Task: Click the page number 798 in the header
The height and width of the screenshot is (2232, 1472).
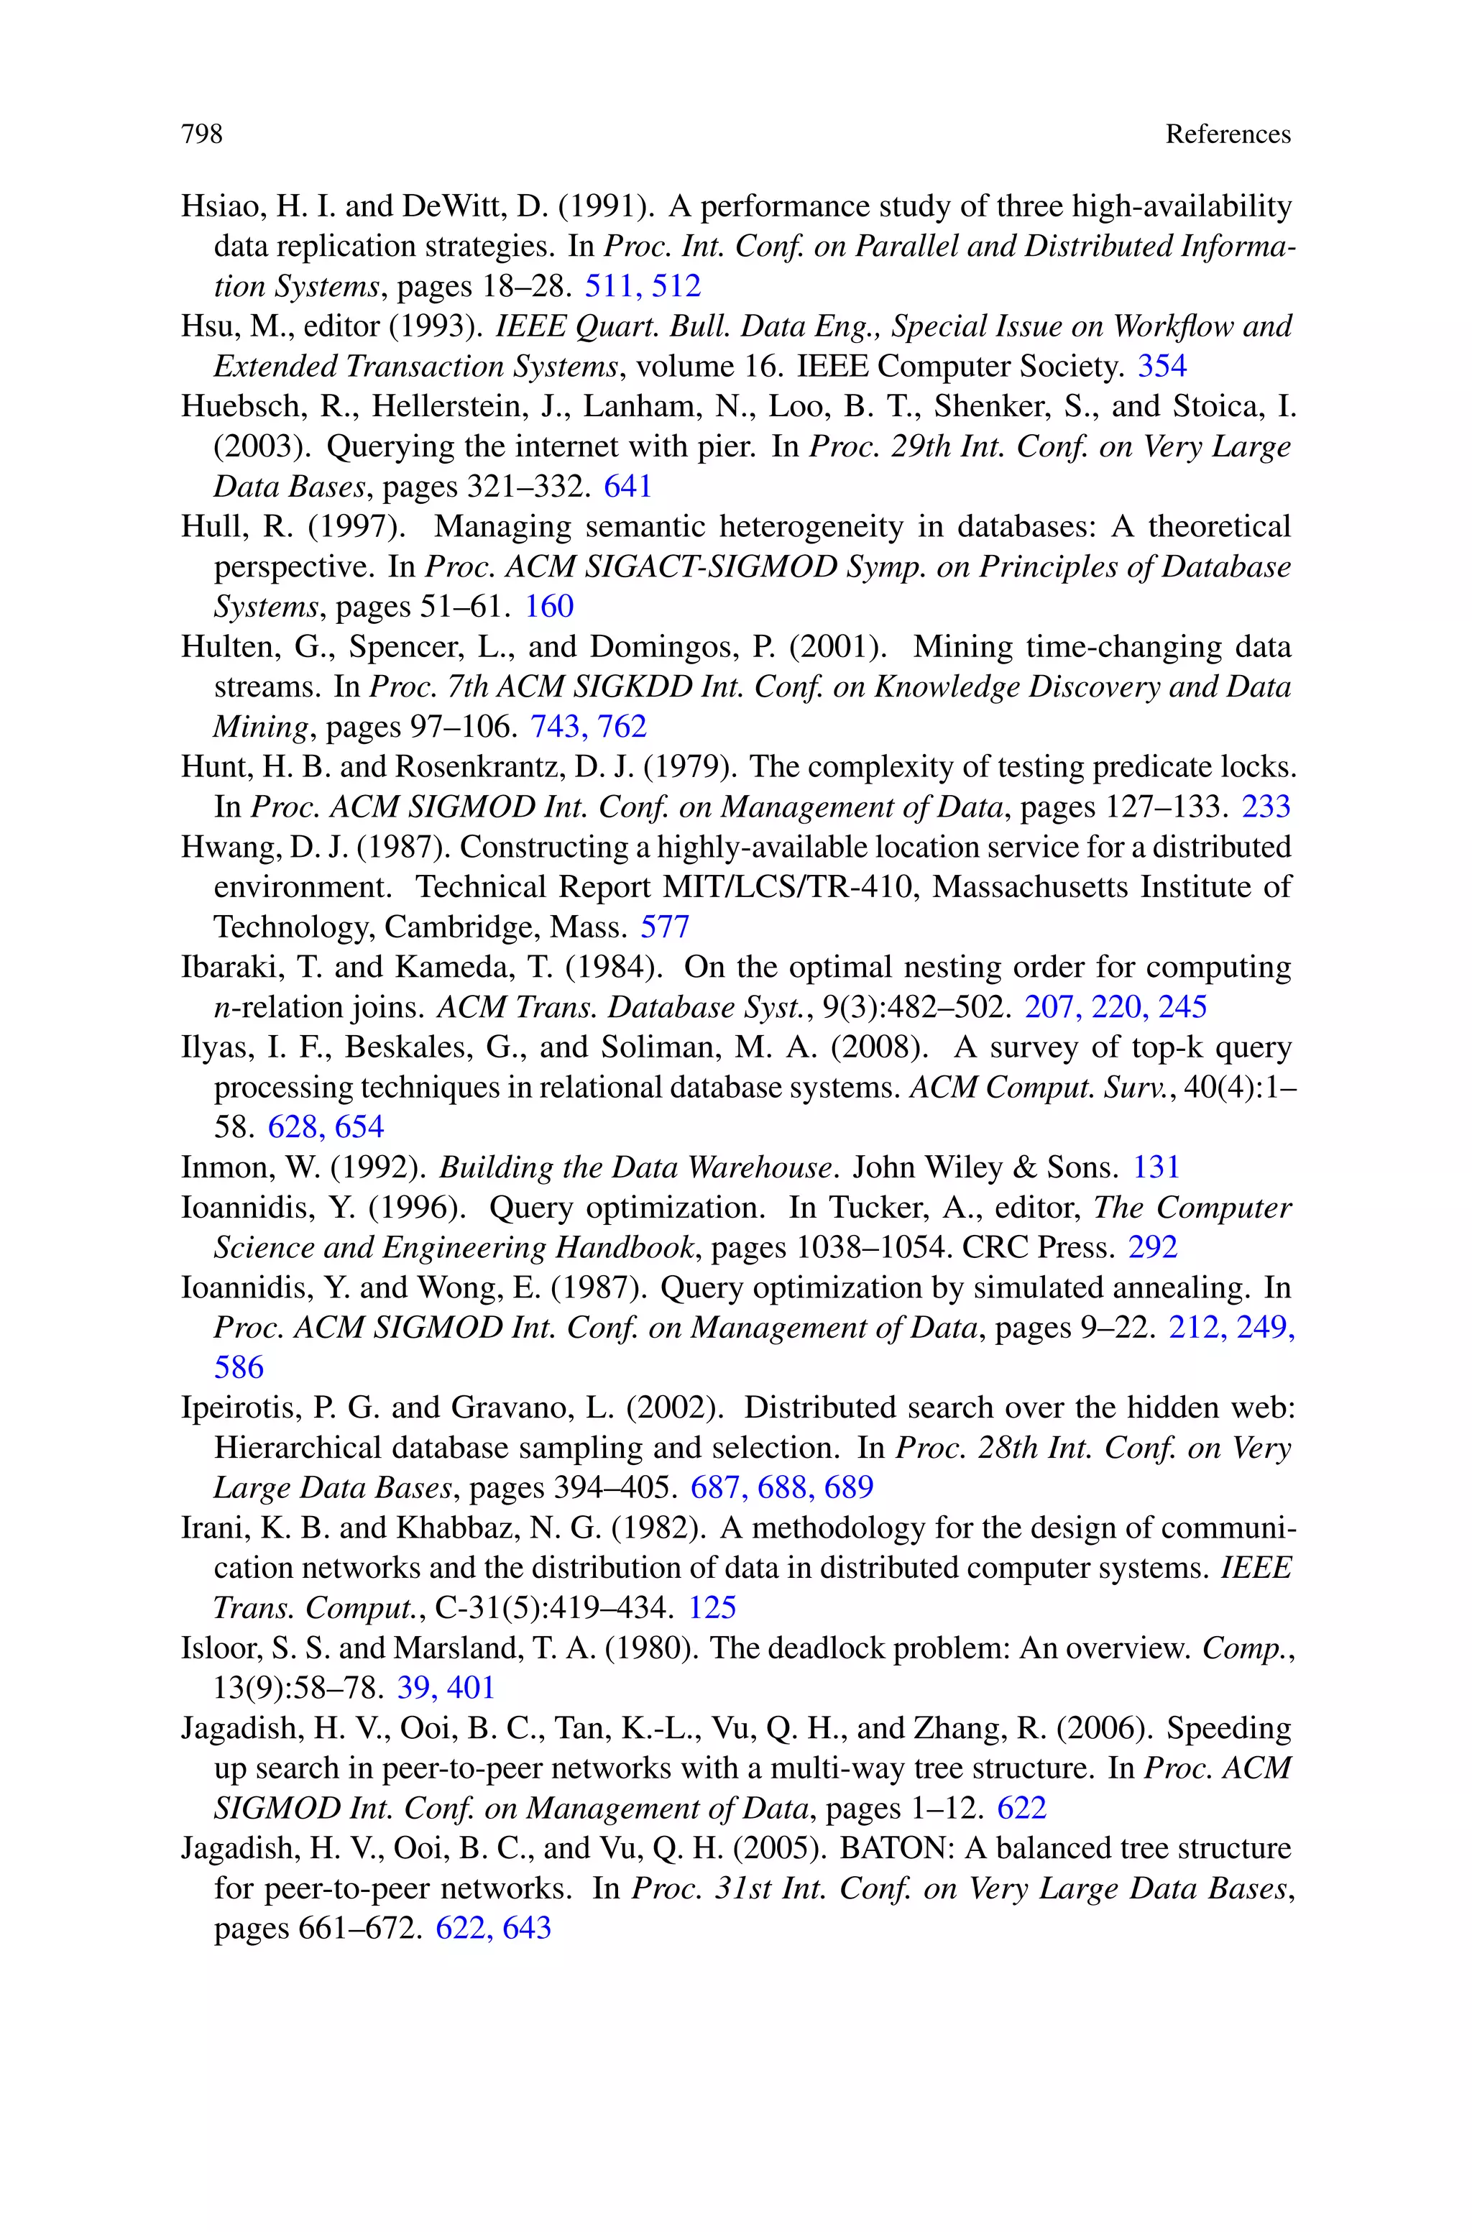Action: tap(202, 134)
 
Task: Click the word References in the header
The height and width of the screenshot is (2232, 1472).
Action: tap(1227, 134)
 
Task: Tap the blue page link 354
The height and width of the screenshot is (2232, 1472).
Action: tap(1162, 366)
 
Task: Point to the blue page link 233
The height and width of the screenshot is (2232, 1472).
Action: tap(1266, 807)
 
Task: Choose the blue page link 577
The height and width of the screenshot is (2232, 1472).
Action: tap(665, 927)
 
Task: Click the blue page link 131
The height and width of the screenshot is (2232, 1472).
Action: tap(1156, 1167)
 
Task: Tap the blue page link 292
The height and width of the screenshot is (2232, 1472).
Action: tap(1153, 1247)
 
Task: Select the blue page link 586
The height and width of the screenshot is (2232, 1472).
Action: tap(239, 1367)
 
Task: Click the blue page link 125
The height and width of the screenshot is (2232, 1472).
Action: tap(712, 1608)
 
